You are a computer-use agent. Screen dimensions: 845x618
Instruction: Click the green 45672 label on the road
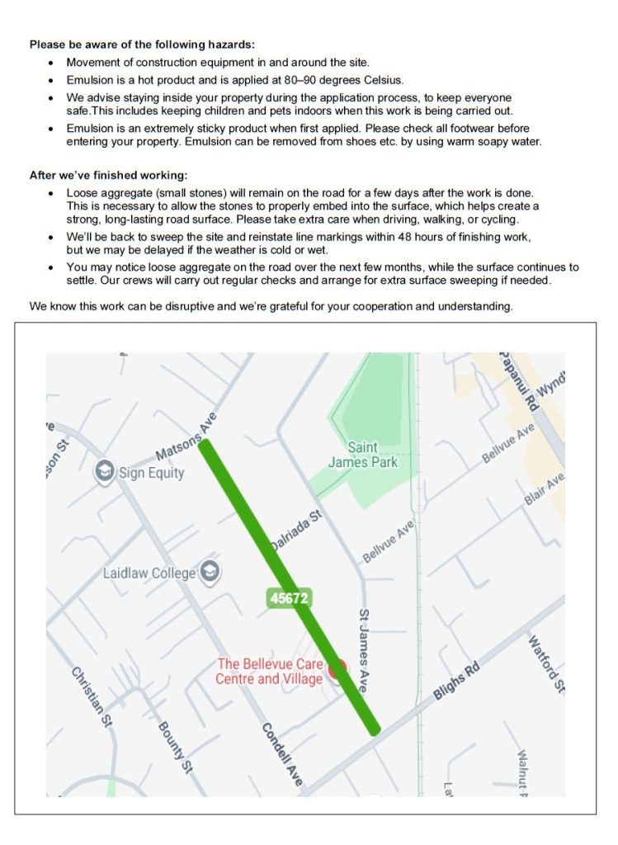289,599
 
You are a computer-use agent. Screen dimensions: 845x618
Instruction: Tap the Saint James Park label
362,455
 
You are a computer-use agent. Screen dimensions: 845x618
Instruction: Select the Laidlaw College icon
211,572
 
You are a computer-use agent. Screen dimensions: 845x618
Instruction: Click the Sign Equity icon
105,472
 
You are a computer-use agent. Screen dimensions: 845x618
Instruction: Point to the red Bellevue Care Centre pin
337,670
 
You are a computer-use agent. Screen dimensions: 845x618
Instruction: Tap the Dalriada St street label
295,531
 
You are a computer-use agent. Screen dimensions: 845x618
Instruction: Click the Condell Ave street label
282,753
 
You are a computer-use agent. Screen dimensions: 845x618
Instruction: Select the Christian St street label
90,696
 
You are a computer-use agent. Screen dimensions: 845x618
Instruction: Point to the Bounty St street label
174,747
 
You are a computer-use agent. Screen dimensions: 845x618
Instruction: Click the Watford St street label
546,663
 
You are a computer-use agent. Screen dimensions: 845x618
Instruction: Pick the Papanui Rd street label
518,382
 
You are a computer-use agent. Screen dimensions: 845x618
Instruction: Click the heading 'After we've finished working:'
108,175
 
